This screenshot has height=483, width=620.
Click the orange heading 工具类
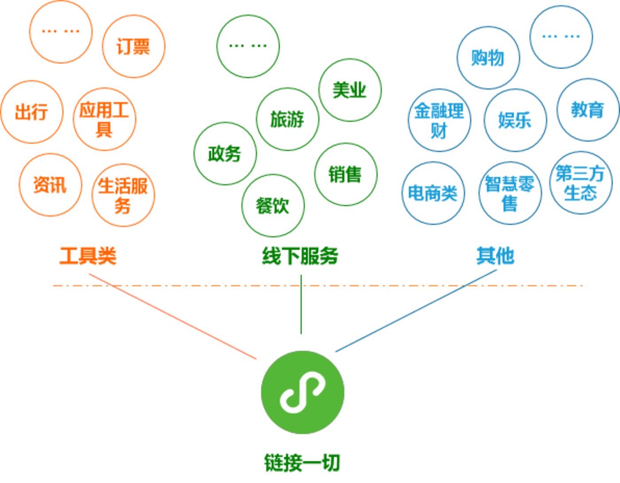(88, 256)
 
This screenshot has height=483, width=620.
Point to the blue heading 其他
(495, 256)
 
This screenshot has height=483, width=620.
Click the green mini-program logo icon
(302, 392)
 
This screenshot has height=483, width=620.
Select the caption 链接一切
(302, 463)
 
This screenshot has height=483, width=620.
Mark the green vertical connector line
(301, 304)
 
